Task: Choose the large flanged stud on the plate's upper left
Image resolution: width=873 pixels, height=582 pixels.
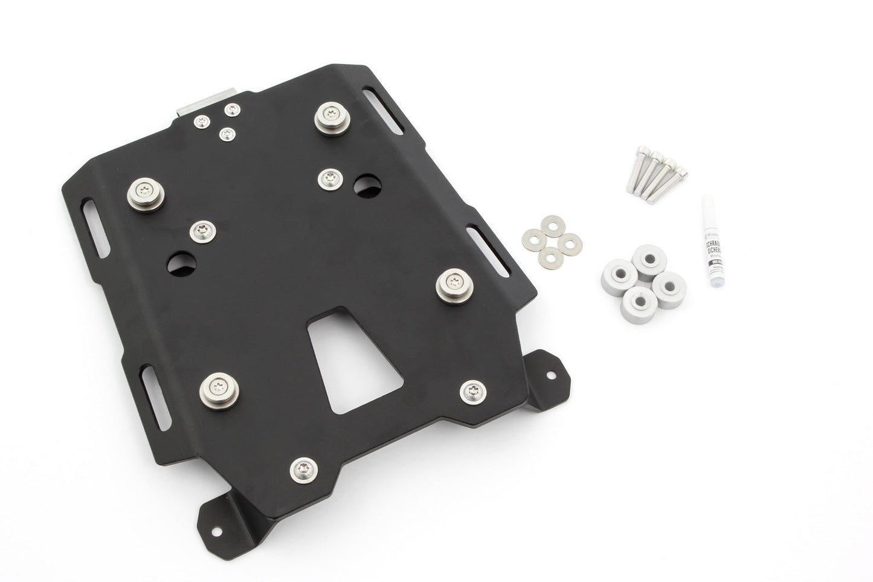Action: click(146, 194)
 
